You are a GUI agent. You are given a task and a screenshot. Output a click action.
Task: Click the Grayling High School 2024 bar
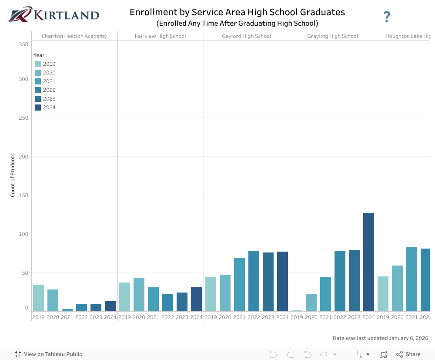point(368,262)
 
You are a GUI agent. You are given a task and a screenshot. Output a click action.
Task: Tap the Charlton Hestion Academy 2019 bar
point(38,298)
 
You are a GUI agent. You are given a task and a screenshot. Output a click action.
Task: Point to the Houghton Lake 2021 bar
point(412,279)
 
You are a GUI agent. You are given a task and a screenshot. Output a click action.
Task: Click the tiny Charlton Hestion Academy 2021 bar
point(67,310)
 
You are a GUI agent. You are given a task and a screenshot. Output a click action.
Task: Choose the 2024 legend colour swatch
point(38,108)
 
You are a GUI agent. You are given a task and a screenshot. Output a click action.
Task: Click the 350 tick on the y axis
point(23,44)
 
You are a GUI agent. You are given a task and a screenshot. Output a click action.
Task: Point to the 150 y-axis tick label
point(23,195)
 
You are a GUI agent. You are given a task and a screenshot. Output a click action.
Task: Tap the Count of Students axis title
point(13,175)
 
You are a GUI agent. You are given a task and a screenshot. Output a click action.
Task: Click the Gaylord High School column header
point(246,36)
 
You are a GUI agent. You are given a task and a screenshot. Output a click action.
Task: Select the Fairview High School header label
point(161,36)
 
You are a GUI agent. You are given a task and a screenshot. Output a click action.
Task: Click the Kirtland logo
point(53,15)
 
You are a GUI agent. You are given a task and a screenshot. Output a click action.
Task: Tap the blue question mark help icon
point(387,17)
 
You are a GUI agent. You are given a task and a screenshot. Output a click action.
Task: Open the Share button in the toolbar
point(408,354)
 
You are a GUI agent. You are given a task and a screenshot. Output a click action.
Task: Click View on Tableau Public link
point(48,354)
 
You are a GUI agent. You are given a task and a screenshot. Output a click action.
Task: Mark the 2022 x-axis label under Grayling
point(340,317)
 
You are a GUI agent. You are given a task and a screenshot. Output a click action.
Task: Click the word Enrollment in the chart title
point(151,12)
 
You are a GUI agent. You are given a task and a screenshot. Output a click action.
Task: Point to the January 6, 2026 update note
point(381,338)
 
